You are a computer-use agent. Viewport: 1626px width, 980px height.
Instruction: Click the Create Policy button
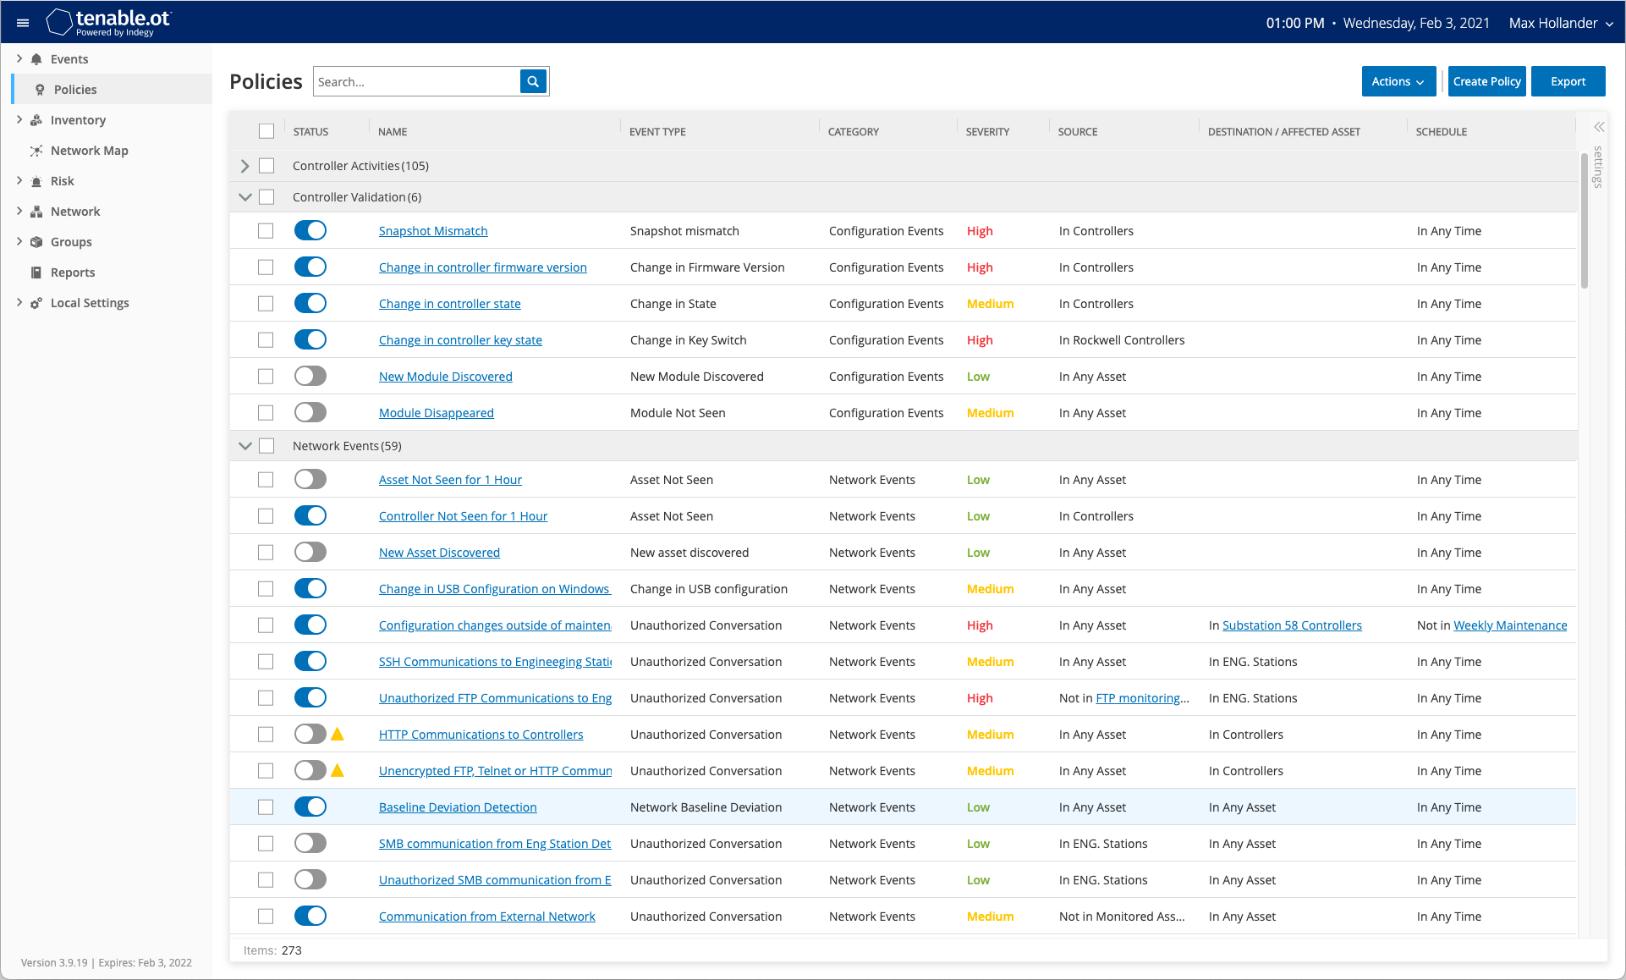[1486, 81]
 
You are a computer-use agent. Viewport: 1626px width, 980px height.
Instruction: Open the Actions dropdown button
[1398, 81]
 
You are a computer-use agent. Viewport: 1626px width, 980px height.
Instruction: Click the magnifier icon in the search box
[533, 81]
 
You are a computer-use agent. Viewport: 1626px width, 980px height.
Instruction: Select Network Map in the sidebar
[89, 151]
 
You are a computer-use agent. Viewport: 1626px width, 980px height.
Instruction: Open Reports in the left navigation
[73, 273]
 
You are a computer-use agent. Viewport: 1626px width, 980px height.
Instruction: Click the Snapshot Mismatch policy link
[433, 231]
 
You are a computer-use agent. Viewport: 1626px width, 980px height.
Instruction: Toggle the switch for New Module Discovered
[310, 376]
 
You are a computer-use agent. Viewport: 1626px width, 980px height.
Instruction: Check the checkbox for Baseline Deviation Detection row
[266, 807]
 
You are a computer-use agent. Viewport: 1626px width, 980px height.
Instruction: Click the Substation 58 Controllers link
[1292, 625]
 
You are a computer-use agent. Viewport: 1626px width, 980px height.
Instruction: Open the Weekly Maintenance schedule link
[1510, 625]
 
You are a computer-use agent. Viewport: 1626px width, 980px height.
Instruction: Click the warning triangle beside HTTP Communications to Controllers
[338, 734]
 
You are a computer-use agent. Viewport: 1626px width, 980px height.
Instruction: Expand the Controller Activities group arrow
[245, 166]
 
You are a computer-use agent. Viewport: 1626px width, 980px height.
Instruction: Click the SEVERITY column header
[987, 132]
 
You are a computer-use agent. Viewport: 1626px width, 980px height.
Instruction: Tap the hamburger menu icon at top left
[23, 23]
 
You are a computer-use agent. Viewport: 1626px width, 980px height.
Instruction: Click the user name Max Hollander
[1553, 23]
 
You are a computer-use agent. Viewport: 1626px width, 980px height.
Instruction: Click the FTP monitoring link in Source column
[1142, 698]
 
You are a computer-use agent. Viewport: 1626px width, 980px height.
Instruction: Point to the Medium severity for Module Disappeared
[990, 413]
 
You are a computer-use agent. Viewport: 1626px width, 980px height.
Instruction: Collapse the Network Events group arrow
[245, 446]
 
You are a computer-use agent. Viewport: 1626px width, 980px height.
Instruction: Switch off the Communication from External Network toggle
[310, 916]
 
